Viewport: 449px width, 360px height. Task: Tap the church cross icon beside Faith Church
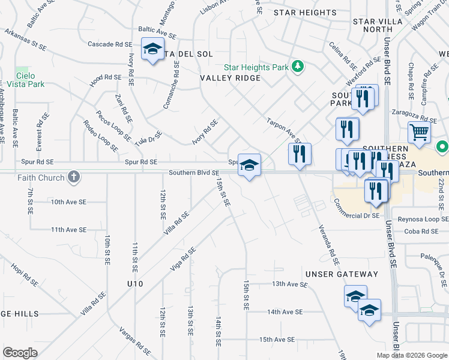pos(73,177)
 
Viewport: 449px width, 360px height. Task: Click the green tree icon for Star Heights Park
pos(297,66)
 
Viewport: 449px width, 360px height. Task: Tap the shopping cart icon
pos(420,132)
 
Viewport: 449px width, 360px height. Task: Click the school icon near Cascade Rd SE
pos(152,49)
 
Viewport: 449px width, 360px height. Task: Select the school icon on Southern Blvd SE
pos(249,165)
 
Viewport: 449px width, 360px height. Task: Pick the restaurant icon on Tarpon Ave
pos(300,154)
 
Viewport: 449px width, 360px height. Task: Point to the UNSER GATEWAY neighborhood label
pos(342,274)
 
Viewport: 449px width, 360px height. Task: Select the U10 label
pos(134,283)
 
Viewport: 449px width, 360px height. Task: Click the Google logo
pos(20,353)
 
